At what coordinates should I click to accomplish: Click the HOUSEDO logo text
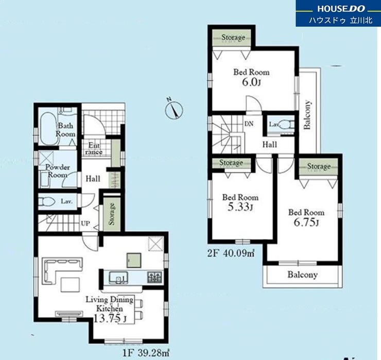pyautogui.click(x=341, y=9)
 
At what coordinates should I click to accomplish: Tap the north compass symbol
pyautogui.click(x=174, y=109)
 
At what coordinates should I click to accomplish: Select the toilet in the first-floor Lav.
pyautogui.click(x=47, y=201)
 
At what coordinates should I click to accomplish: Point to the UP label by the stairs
pyautogui.click(x=85, y=223)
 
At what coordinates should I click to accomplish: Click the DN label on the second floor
pyautogui.click(x=249, y=124)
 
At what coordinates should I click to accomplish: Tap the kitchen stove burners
pyautogui.click(x=154, y=277)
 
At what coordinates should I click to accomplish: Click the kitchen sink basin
pyautogui.click(x=118, y=278)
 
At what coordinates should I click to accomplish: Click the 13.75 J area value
pyautogui.click(x=110, y=318)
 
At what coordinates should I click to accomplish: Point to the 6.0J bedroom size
pyautogui.click(x=251, y=82)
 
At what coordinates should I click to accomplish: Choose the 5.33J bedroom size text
pyautogui.click(x=240, y=207)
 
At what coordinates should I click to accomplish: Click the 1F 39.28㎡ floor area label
pyautogui.click(x=146, y=353)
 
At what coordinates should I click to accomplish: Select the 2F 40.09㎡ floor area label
pyautogui.click(x=231, y=253)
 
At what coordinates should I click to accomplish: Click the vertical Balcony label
pyautogui.click(x=307, y=114)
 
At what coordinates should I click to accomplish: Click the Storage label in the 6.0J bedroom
pyautogui.click(x=233, y=38)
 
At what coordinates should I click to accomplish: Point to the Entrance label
pyautogui.click(x=94, y=149)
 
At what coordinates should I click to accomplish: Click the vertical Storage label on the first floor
pyautogui.click(x=112, y=213)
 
